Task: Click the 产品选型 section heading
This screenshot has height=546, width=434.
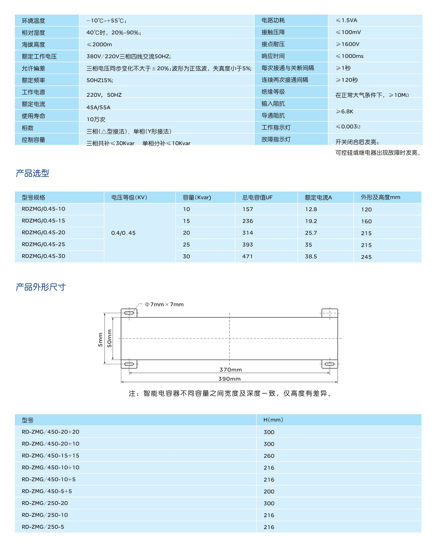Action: pos(32,173)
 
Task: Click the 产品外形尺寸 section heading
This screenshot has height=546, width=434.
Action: pos(41,287)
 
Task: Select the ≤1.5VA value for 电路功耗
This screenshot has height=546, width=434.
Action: pos(346,20)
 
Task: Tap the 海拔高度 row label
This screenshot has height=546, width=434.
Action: pos(33,45)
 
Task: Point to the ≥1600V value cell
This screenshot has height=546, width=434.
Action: pos(347,44)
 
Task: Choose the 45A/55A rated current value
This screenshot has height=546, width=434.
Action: pos(99,107)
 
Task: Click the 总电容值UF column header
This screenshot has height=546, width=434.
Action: pos(257,197)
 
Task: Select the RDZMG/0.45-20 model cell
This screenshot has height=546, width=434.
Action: pos(43,232)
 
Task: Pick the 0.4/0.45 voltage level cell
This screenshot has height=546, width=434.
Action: pos(123,233)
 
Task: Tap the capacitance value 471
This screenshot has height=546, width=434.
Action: pos(247,256)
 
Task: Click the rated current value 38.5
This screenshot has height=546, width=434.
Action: pos(311,256)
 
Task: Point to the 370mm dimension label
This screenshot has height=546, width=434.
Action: pos(230,370)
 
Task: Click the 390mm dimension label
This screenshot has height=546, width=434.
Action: pos(229,379)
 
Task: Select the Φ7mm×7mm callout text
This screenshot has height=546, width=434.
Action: pos(164,304)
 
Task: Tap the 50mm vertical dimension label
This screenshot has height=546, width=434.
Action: pos(109,338)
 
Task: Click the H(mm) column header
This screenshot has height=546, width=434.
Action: pos(273,420)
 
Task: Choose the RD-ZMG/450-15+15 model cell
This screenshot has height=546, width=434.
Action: pos(50,456)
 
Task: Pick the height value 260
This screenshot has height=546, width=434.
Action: pos(269,456)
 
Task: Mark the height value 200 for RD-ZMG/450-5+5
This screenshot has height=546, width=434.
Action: pos(269,491)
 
